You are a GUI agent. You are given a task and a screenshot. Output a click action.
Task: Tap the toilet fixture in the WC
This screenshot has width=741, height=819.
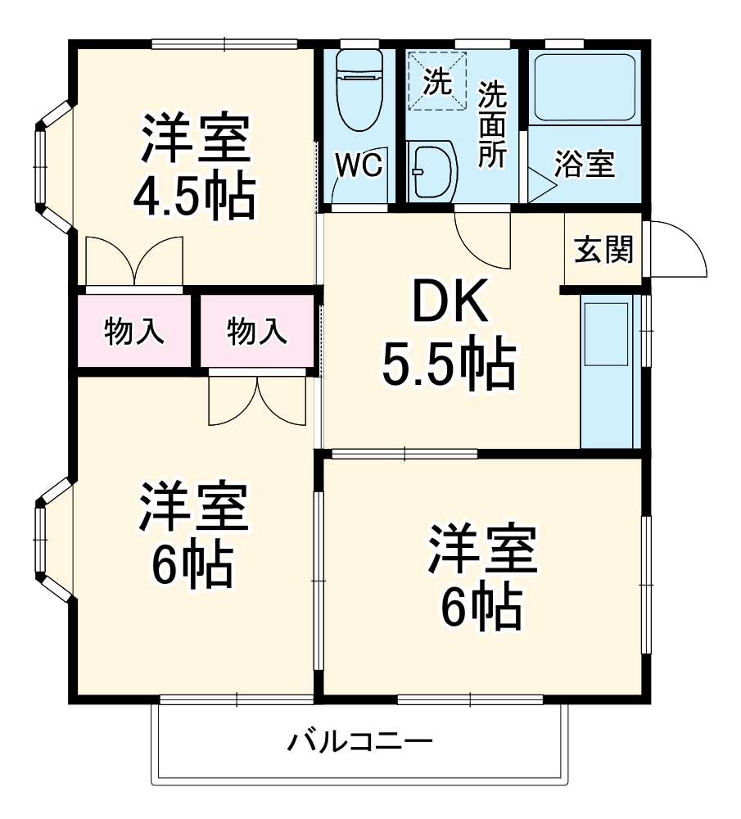tap(359, 90)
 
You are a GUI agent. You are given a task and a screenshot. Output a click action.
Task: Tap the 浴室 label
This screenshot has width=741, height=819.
tap(584, 165)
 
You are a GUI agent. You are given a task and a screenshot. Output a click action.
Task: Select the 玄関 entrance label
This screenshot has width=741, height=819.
tap(603, 251)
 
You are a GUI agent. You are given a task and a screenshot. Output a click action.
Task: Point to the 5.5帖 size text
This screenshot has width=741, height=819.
tap(449, 366)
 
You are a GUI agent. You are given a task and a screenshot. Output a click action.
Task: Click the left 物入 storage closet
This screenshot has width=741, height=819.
tap(135, 333)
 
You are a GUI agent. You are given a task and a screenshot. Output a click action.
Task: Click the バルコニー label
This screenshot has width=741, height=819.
tap(359, 744)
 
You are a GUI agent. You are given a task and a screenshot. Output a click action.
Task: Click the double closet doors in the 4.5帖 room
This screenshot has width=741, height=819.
tap(133, 262)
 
